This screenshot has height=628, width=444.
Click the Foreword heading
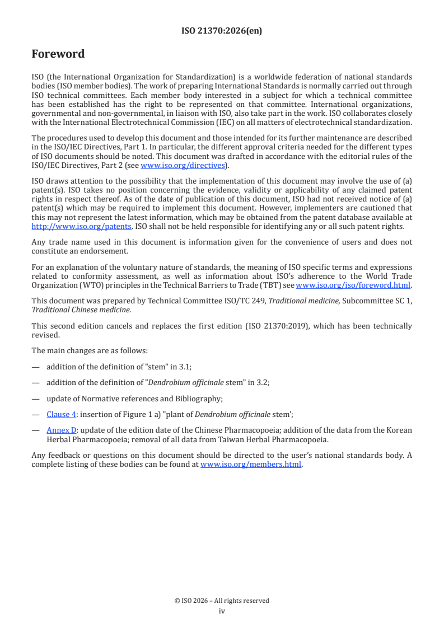click(58, 54)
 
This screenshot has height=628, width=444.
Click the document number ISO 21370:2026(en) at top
click(222, 31)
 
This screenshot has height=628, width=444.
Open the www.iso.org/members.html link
click(251, 464)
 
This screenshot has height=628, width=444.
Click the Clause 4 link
click(61, 414)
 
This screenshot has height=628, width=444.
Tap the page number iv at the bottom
click(222, 611)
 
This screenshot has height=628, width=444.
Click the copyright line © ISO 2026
click(222, 601)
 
